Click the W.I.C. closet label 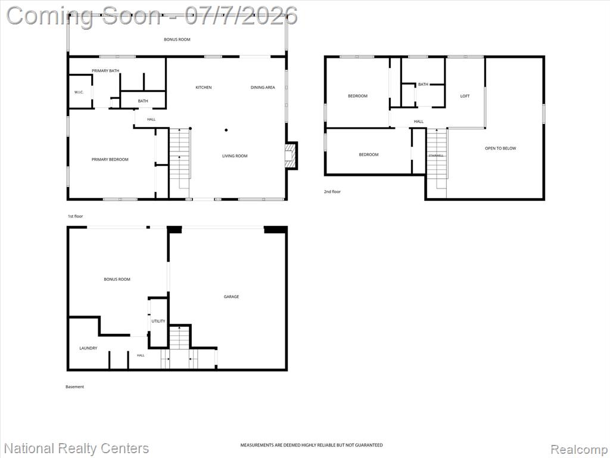[x=79, y=92]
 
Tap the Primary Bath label [x=105, y=70]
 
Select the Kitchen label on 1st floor [x=204, y=87]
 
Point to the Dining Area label [x=263, y=87]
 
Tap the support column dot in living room [x=226, y=130]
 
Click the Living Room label [x=235, y=156]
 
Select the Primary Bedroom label [x=110, y=159]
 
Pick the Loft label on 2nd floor [x=465, y=96]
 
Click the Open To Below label [x=500, y=148]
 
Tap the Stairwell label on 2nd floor [x=435, y=156]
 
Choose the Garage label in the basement [x=231, y=296]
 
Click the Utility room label [x=158, y=321]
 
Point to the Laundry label [x=88, y=348]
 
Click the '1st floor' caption [x=75, y=216]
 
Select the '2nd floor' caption [x=332, y=191]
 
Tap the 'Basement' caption [x=74, y=386]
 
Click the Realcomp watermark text [x=579, y=449]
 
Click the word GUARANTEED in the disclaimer [x=369, y=445]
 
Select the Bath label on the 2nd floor [x=423, y=84]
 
